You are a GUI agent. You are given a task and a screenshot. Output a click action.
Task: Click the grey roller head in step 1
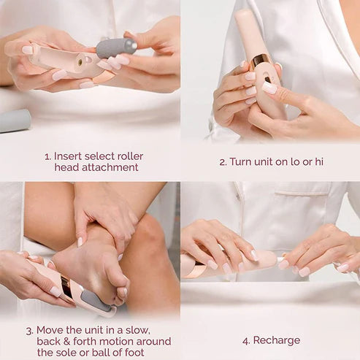pos(116,48)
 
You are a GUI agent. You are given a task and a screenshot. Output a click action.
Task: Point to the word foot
pos(151,352)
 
